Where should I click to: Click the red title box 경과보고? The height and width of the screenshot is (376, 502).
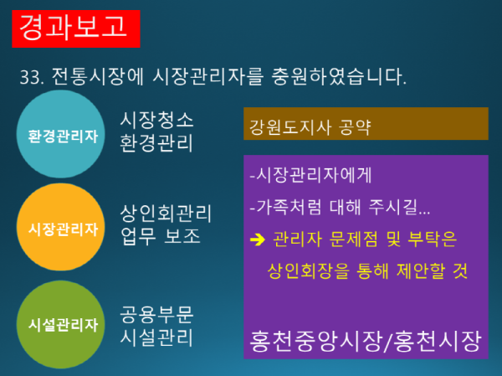75,26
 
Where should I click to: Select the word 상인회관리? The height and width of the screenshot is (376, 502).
166,212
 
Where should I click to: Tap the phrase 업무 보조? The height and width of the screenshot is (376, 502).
161,235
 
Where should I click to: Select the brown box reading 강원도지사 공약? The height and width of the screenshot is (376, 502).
365,128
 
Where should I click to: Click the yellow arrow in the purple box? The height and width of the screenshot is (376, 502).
257,240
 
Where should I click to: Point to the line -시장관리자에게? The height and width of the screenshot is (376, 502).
310,177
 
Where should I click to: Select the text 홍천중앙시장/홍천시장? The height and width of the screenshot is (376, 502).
366,341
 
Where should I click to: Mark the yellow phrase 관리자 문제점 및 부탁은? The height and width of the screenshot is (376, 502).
364,240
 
